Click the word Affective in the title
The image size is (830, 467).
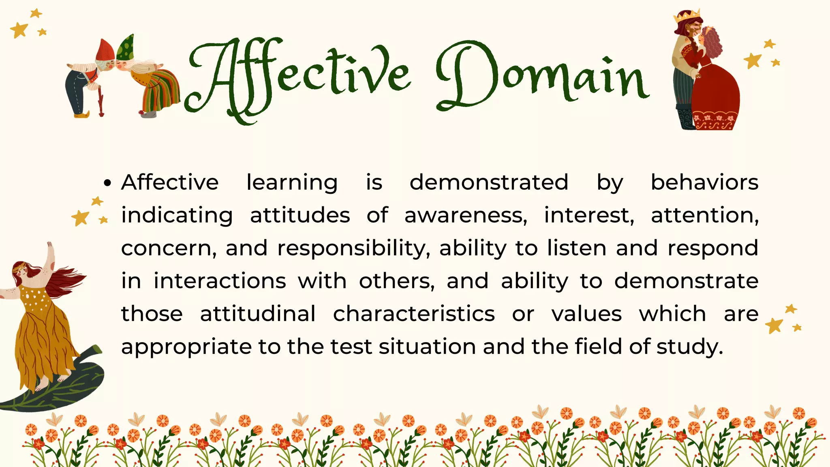point(298,77)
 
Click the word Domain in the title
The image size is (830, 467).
point(541,77)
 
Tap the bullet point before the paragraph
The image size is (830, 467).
point(107,183)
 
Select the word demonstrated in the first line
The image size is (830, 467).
point(489,182)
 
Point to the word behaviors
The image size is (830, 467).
point(704,182)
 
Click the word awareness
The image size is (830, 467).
point(466,215)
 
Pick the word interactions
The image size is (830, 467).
point(220,281)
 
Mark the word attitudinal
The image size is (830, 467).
point(258,314)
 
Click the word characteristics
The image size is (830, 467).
point(414,314)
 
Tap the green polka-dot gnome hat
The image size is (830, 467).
point(126,48)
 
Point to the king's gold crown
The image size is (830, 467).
point(687,16)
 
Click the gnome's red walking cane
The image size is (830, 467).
point(101,103)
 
